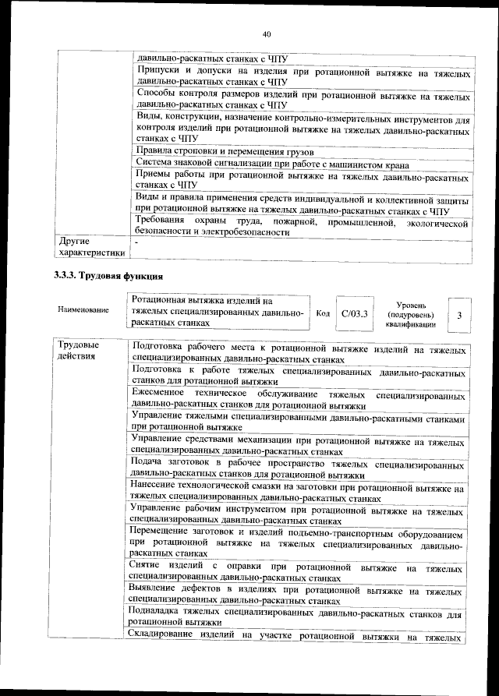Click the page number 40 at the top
(266, 34)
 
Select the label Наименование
(82, 310)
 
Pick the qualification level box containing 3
(460, 314)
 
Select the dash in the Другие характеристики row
(136, 242)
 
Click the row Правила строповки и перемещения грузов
(225, 150)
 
